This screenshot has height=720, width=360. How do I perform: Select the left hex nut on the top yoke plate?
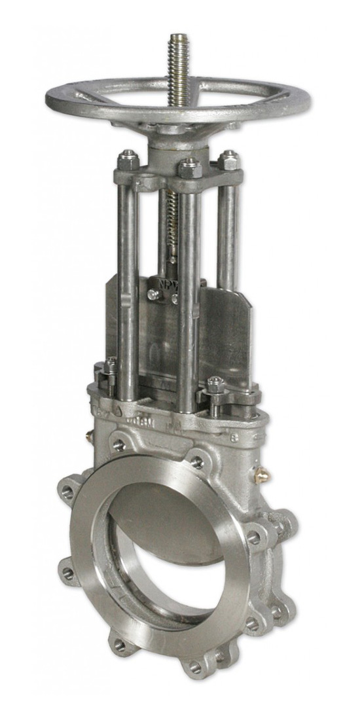[x=128, y=159]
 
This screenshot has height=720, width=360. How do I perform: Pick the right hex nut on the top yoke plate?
[x=228, y=160]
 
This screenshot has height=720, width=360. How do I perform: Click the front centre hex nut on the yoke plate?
[x=189, y=168]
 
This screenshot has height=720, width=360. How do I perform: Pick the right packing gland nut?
[x=216, y=385]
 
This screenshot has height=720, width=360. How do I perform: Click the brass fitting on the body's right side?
[x=262, y=473]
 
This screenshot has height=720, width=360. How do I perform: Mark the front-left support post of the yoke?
[x=128, y=288]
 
